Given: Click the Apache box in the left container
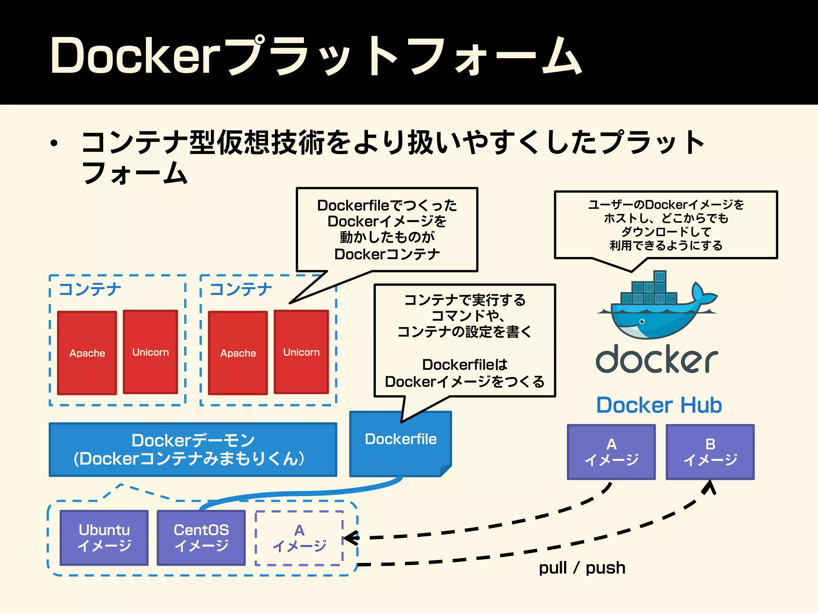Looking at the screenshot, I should tap(87, 353).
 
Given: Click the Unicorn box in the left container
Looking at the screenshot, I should tap(150, 352).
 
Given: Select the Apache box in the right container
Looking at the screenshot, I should tap(238, 353).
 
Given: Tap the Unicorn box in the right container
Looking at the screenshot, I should tap(301, 352).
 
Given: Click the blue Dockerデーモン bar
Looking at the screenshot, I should tap(193, 449).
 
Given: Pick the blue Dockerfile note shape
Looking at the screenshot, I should tap(400, 443).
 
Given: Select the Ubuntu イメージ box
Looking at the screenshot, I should tap(104, 537).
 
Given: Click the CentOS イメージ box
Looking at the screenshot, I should tap(201, 537).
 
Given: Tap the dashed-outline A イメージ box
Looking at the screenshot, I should tap(299, 538).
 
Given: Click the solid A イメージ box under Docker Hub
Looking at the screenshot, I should tap(611, 452).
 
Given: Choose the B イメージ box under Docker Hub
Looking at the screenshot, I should tap(710, 452).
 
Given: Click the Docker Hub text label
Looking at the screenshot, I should tap(659, 405).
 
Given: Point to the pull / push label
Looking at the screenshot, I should tap(582, 568).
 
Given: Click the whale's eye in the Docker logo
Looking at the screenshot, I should tap(642, 321).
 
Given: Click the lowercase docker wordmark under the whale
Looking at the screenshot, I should tap(657, 359).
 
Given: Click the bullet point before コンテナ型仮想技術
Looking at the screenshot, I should tap(54, 143).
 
